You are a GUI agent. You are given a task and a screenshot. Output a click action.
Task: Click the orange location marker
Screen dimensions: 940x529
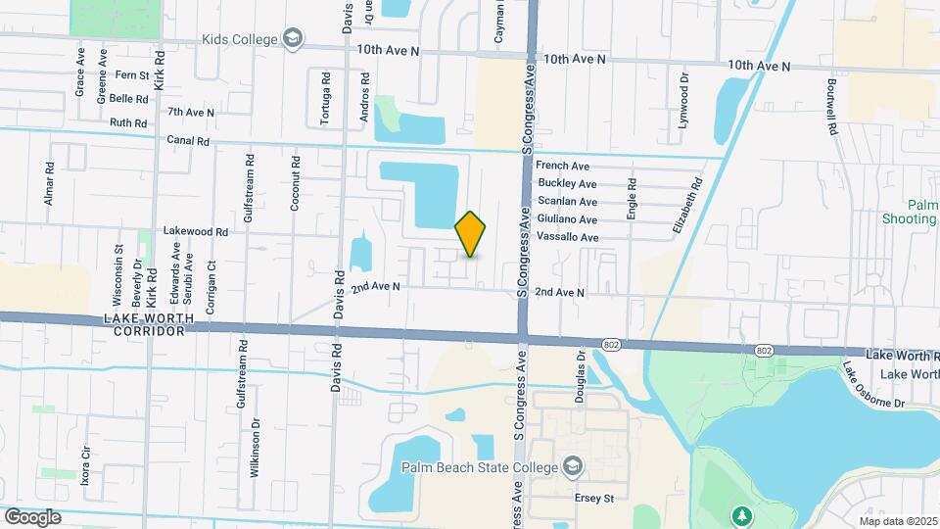pos(471,234)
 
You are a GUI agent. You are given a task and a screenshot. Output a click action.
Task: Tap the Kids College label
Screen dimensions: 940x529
pos(240,39)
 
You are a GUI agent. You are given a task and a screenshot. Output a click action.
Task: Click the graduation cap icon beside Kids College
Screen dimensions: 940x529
pos(292,38)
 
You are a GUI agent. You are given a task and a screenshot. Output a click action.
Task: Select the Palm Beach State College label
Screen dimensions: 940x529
pos(475,466)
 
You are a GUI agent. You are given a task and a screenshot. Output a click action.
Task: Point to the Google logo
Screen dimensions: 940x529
pos(32,517)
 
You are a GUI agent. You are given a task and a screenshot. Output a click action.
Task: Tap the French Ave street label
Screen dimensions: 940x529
pos(562,167)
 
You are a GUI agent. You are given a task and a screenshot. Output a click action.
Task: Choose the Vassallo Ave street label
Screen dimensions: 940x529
pos(568,237)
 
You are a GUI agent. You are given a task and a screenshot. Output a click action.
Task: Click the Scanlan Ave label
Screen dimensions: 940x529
pos(568,202)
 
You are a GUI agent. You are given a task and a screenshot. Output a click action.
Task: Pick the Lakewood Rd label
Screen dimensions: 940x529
pos(196,232)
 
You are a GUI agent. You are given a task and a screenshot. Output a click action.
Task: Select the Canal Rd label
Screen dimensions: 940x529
pos(188,141)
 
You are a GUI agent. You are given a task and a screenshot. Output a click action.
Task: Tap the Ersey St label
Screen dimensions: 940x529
pos(593,498)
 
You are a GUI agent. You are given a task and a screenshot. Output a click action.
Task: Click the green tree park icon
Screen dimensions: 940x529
pos(743,515)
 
